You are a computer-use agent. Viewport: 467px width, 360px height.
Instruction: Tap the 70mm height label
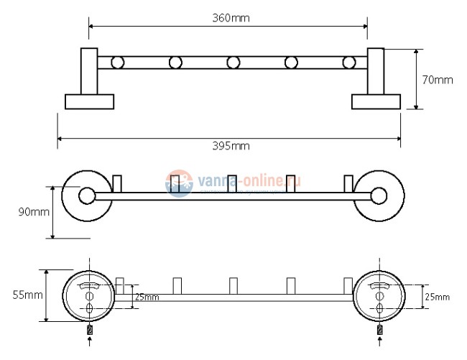coord(437,80)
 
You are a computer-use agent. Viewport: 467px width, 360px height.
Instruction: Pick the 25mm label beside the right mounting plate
coord(437,297)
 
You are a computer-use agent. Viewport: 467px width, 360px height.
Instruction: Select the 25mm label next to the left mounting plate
coord(147,297)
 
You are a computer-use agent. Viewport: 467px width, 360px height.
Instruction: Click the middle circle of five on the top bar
coord(233,63)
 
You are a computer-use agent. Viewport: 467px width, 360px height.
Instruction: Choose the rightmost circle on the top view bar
coord(348,63)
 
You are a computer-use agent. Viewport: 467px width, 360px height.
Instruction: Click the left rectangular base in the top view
coord(88,101)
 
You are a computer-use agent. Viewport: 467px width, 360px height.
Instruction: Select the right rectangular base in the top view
coord(375,101)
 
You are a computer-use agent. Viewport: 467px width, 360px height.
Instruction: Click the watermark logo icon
coord(178,184)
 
